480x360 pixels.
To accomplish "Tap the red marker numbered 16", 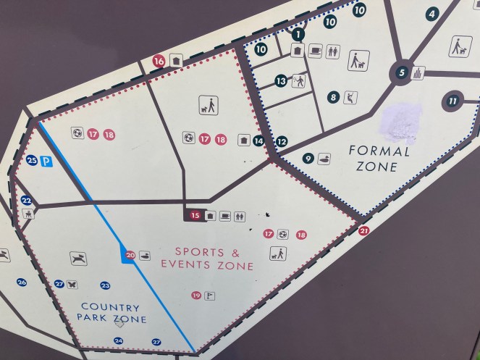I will [159, 62].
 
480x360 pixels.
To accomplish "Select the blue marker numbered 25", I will [31, 161].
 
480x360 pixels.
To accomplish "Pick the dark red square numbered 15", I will [194, 215].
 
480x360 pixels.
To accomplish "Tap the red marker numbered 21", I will [363, 231].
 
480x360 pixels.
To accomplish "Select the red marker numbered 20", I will [130, 255].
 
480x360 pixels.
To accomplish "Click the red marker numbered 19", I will [196, 295].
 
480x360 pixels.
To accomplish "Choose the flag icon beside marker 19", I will [210, 295].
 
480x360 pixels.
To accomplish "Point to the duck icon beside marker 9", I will [324, 159].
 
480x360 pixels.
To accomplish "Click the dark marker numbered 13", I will [281, 82].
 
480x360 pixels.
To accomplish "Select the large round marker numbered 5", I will [400, 72].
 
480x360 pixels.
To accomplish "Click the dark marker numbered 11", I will [452, 101].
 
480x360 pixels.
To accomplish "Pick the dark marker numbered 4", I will [432, 13].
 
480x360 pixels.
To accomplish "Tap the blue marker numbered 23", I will [105, 285].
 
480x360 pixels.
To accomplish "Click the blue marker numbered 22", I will [27, 201].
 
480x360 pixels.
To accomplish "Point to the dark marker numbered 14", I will [258, 141].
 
